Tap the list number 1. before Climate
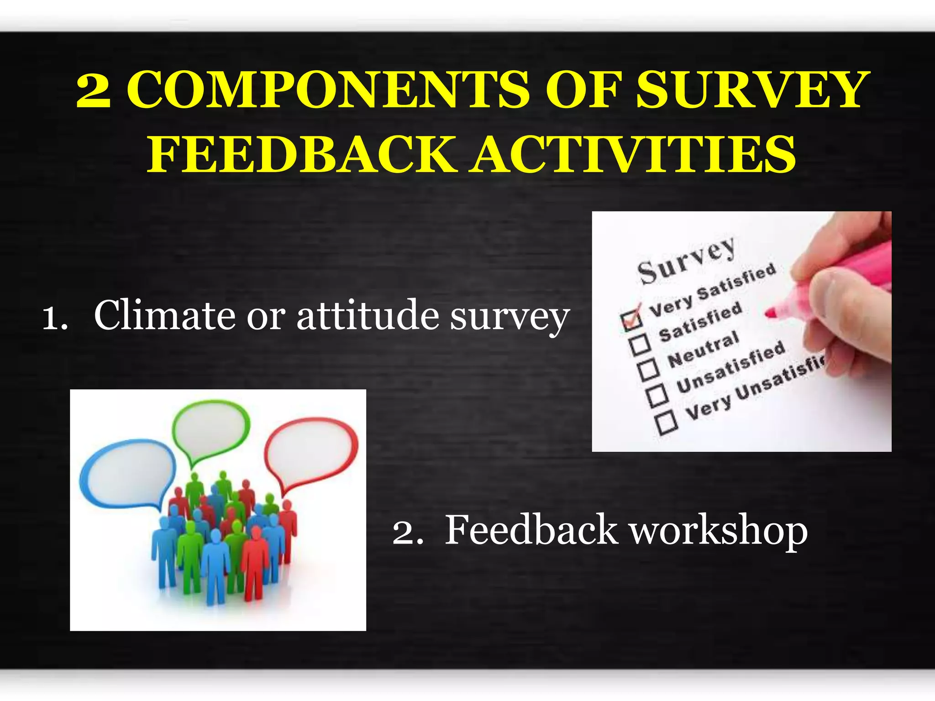click(x=55, y=318)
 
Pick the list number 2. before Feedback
click(x=407, y=532)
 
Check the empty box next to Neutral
click(x=649, y=370)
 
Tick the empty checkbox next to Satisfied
click(x=640, y=344)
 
